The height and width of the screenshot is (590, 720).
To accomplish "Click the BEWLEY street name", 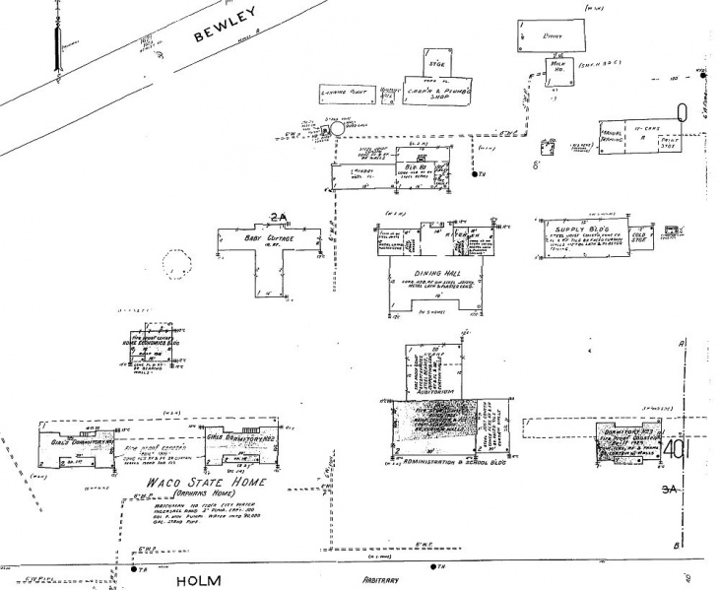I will pyautogui.click(x=226, y=25).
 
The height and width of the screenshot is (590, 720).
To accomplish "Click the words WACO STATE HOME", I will pyautogui.click(x=195, y=484).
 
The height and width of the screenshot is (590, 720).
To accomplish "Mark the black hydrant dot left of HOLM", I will pyautogui.click(x=133, y=568).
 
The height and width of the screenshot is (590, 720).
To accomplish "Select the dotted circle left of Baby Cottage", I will pyautogui.click(x=178, y=264).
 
